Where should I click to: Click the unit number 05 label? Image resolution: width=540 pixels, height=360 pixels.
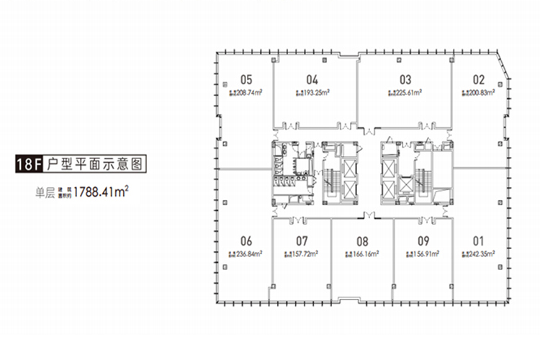coord(246,80)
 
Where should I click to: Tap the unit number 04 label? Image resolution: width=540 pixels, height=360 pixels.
coord(312,80)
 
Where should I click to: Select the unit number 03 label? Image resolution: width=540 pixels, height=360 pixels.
coord(405,80)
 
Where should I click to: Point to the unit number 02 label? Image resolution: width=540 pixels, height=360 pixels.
coord(479,80)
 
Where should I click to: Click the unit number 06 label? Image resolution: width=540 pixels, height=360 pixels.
coord(246,241)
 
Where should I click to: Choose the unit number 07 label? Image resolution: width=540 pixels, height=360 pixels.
coord(302,241)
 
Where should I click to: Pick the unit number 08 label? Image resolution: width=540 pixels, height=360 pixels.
coord(363,241)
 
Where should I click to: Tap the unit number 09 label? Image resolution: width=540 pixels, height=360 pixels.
coord(423,241)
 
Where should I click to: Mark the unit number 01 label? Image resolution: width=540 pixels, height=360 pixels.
coord(477,241)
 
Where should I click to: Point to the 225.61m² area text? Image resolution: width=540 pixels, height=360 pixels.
coord(405,93)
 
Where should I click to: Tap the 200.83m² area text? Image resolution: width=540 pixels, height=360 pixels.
coord(478,93)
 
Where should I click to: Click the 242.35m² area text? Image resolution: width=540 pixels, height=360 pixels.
coord(478,254)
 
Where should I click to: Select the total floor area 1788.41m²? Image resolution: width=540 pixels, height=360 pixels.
coord(102,193)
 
